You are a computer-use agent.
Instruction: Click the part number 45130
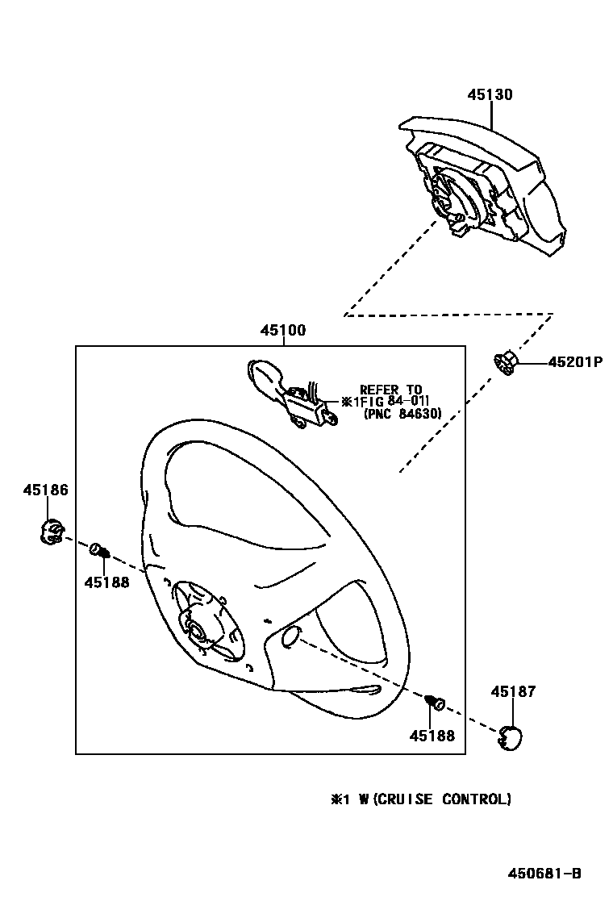coord(490,94)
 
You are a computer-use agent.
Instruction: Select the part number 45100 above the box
coord(282,330)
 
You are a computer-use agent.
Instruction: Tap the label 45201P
coord(575,362)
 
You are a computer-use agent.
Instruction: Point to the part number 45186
coord(45,490)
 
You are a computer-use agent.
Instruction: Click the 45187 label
coord(513,691)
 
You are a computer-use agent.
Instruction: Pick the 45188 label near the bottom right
coord(432,736)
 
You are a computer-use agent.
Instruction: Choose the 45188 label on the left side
coord(106,582)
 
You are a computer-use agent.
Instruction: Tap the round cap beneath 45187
coord(510,737)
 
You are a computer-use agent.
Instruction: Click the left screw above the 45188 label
coord(100,550)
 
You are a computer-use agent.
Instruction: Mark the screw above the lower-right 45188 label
coord(436,703)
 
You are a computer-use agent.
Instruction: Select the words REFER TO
coord(390,389)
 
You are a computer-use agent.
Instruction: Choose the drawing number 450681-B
coord(544,873)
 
